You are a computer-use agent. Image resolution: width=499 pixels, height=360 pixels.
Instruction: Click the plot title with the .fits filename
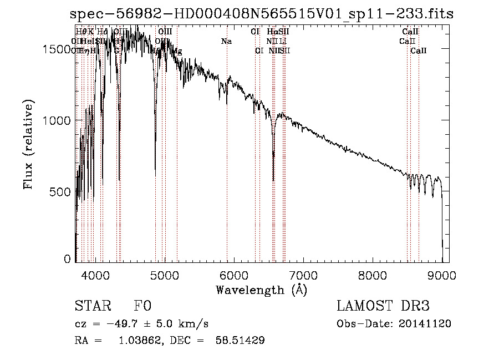264,13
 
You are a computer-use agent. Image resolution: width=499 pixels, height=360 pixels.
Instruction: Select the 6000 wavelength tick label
234,275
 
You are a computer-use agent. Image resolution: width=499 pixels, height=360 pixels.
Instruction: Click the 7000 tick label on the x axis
303,275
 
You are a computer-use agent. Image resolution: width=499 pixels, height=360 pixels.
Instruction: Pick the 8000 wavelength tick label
373,275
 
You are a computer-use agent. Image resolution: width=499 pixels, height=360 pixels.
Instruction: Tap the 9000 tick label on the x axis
442,275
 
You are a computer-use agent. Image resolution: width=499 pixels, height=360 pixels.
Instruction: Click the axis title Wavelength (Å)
261,290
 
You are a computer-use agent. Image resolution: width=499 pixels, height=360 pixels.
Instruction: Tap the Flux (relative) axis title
28,144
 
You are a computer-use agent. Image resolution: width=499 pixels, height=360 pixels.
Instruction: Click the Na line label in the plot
226,41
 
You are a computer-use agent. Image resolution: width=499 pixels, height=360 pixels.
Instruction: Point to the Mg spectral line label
177,51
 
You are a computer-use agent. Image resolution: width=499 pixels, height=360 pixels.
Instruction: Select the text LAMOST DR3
383,306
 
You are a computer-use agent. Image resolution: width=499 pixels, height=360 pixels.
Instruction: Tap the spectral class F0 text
142,306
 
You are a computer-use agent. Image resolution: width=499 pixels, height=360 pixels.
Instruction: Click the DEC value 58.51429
240,341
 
